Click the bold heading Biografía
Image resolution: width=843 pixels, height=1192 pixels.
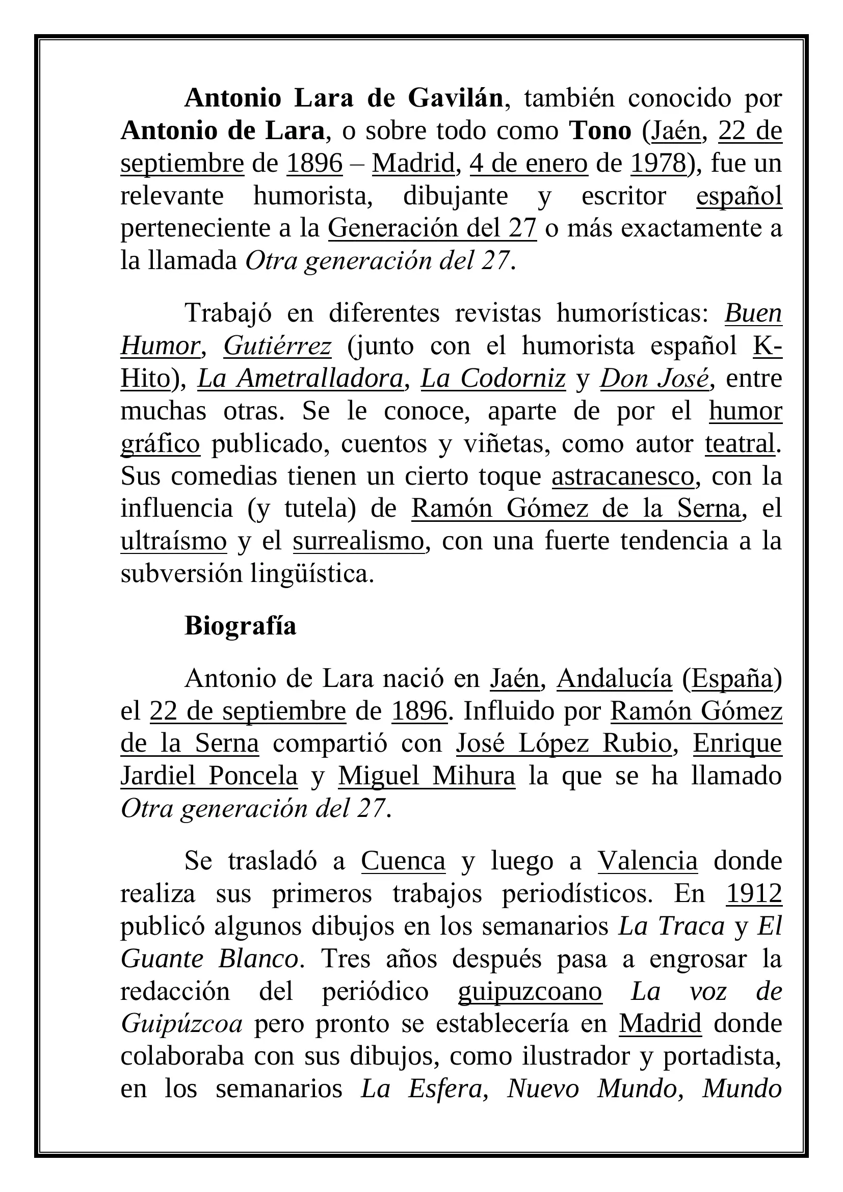[240, 626]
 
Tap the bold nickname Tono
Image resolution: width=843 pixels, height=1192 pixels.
[600, 131]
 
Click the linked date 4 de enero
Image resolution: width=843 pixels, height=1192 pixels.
[529, 164]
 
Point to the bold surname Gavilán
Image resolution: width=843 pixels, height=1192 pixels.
[455, 98]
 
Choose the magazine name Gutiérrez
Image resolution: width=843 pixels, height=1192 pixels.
[277, 346]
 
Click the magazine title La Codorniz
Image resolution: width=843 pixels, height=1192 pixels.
[493, 379]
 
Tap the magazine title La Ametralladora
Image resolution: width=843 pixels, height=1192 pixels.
[300, 379]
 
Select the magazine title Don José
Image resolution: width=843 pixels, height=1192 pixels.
[654, 379]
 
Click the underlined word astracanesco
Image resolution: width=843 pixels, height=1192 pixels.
[622, 476]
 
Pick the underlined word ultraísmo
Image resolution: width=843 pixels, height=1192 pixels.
[173, 541]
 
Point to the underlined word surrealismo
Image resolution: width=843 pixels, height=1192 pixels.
[359, 541]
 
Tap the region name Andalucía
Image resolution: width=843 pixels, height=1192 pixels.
[614, 678]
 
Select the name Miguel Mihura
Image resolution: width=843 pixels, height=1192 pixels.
[426, 776]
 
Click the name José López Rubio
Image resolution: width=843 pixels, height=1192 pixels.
[564, 744]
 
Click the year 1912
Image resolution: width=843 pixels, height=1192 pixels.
[754, 894]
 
